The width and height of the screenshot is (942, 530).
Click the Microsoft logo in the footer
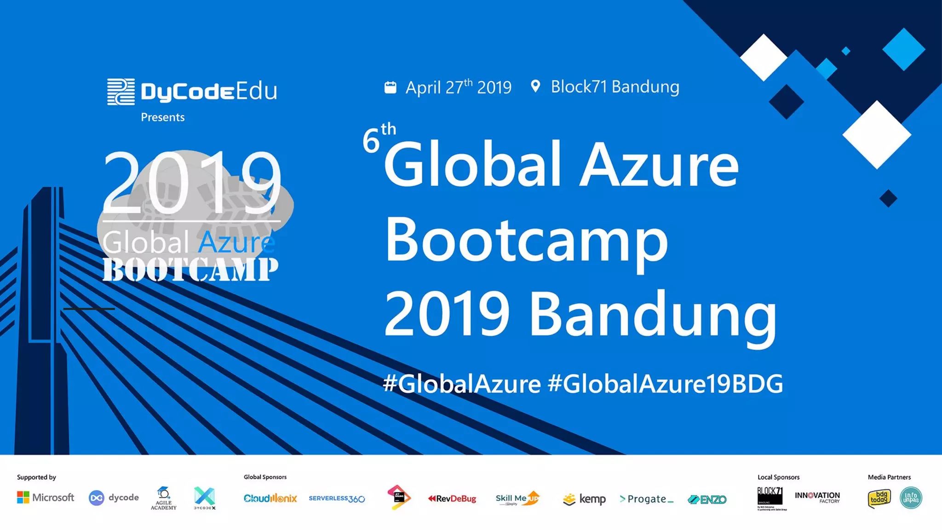[x=46, y=497]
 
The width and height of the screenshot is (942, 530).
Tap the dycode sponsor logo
[x=114, y=498]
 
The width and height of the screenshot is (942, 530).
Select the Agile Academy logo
[x=163, y=498]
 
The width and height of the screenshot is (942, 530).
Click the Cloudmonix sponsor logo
[x=270, y=498]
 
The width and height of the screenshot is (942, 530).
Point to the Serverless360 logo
[x=337, y=499]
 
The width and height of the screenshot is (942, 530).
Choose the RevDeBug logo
[x=452, y=499]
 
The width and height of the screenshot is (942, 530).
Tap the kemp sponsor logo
[x=584, y=499]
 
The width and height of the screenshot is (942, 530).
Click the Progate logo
[x=646, y=499]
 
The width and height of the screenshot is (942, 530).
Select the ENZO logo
[x=707, y=500]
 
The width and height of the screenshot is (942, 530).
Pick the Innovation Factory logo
[x=817, y=497]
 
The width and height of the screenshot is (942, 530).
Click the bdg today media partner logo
[x=879, y=498]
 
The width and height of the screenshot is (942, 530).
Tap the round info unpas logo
[x=911, y=498]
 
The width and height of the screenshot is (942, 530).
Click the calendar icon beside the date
[x=390, y=87]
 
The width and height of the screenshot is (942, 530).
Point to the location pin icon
[x=535, y=86]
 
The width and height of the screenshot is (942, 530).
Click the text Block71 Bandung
[x=615, y=86]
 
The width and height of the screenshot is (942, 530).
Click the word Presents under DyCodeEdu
[x=162, y=117]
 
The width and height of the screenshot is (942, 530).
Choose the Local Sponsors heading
[x=778, y=477]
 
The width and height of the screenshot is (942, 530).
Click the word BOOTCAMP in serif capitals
[x=190, y=270]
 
